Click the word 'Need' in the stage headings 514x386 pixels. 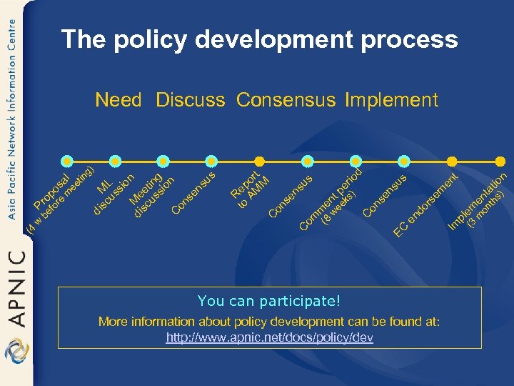(119, 100)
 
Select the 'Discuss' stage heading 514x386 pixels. (191, 100)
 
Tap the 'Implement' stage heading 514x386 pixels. (391, 100)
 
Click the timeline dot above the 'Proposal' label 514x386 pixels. (67, 161)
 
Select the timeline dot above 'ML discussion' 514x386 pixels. (116, 161)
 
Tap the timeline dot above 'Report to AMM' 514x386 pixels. (260, 161)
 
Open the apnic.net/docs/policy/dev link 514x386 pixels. (269, 337)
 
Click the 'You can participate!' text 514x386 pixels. (269, 301)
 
